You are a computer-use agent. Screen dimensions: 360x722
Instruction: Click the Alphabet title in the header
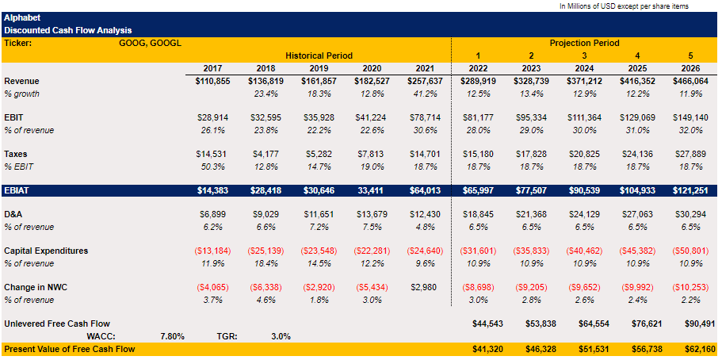pos(22,17)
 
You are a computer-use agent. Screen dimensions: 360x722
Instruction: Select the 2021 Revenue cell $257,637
pos(424,82)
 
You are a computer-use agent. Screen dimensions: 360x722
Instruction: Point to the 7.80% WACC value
pos(172,336)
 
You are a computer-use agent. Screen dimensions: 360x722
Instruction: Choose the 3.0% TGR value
pos(281,336)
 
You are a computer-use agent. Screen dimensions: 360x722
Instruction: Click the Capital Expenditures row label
pos(46,251)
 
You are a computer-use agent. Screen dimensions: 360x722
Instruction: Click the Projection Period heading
pos(584,43)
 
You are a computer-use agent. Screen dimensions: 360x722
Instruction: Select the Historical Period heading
pos(319,56)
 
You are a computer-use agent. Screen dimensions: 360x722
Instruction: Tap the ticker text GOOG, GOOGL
pos(150,43)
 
